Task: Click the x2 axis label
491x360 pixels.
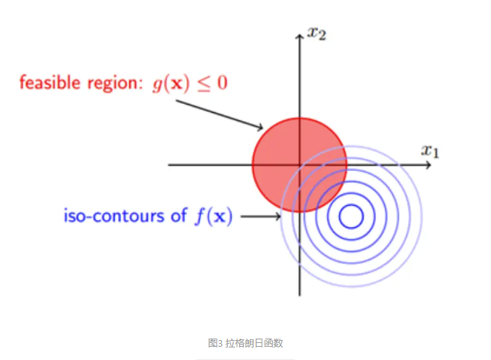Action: (x=317, y=33)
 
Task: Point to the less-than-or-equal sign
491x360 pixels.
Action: (x=201, y=83)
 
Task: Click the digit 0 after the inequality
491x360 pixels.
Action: (x=221, y=82)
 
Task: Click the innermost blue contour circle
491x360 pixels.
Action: (x=350, y=216)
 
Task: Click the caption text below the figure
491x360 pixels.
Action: (x=245, y=343)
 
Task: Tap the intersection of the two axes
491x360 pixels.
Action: (x=299, y=165)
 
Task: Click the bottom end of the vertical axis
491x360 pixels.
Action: (x=299, y=294)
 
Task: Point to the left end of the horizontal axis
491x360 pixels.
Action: (x=170, y=165)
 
